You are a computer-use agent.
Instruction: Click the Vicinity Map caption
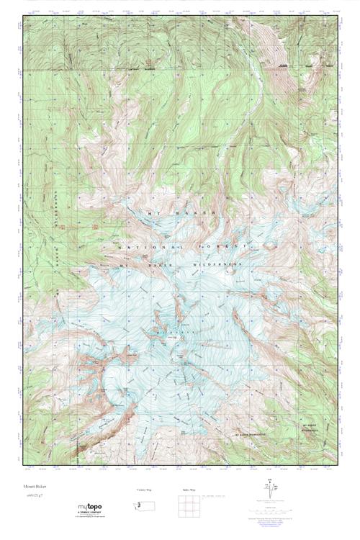point(145,490)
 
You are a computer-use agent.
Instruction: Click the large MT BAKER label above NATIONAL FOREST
point(166,213)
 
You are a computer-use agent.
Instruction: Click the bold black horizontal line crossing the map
point(180,69)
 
